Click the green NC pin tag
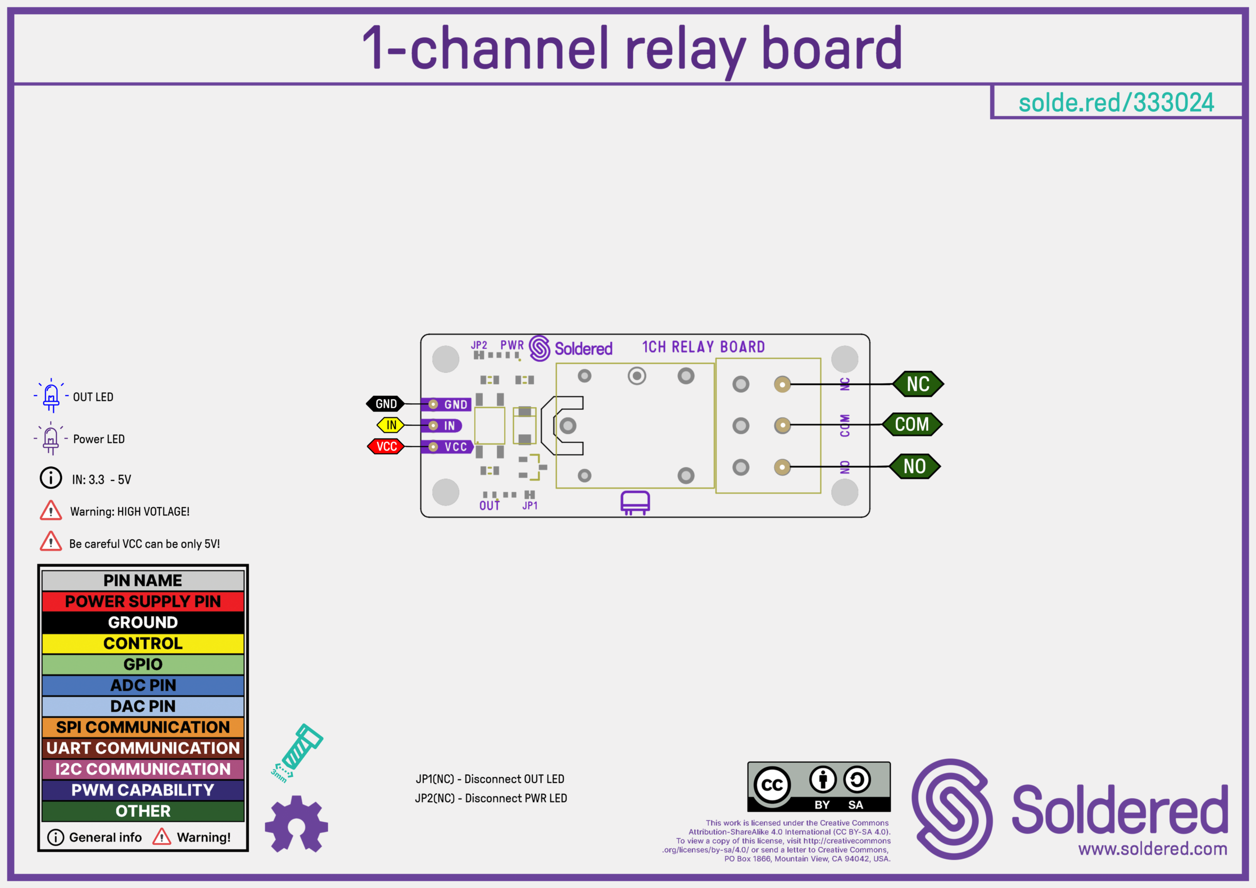[x=918, y=384]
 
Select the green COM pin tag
[x=912, y=424]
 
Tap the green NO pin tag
[x=914, y=467]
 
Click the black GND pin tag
[x=386, y=404]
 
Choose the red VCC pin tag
[x=386, y=446]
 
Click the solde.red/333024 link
[x=1116, y=103]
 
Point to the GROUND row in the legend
[x=143, y=623]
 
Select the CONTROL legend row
[x=143, y=643]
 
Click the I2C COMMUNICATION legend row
[x=143, y=769]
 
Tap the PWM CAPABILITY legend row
[x=143, y=790]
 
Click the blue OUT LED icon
[x=52, y=395]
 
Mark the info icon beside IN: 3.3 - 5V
[x=51, y=478]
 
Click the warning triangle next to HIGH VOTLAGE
[x=51, y=510]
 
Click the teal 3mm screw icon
[x=298, y=752]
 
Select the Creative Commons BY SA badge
[x=819, y=787]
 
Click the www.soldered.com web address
[x=1152, y=849]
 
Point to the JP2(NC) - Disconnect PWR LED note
[x=491, y=798]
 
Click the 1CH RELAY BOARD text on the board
[x=703, y=347]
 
